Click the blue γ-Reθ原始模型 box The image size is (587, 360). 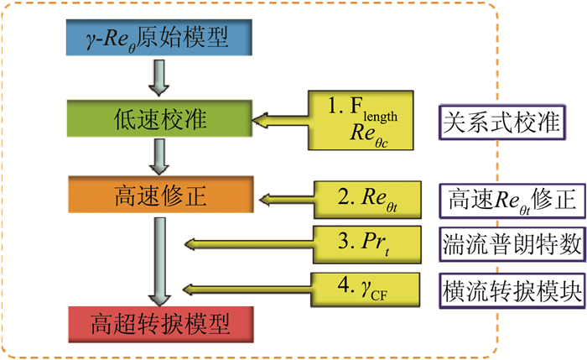[x=157, y=36]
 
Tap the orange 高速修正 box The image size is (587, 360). [x=157, y=200]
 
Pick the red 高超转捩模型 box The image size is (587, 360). [x=157, y=321]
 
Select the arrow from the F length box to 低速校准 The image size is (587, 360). [x=281, y=123]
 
